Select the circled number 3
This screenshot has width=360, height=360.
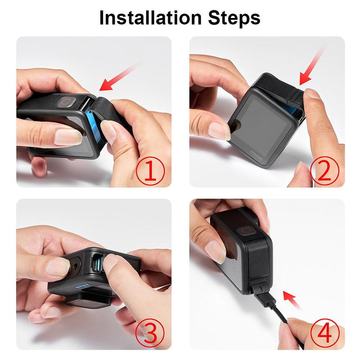click(x=150, y=333)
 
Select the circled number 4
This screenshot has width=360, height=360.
click(x=324, y=333)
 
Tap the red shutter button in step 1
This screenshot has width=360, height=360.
click(x=66, y=102)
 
